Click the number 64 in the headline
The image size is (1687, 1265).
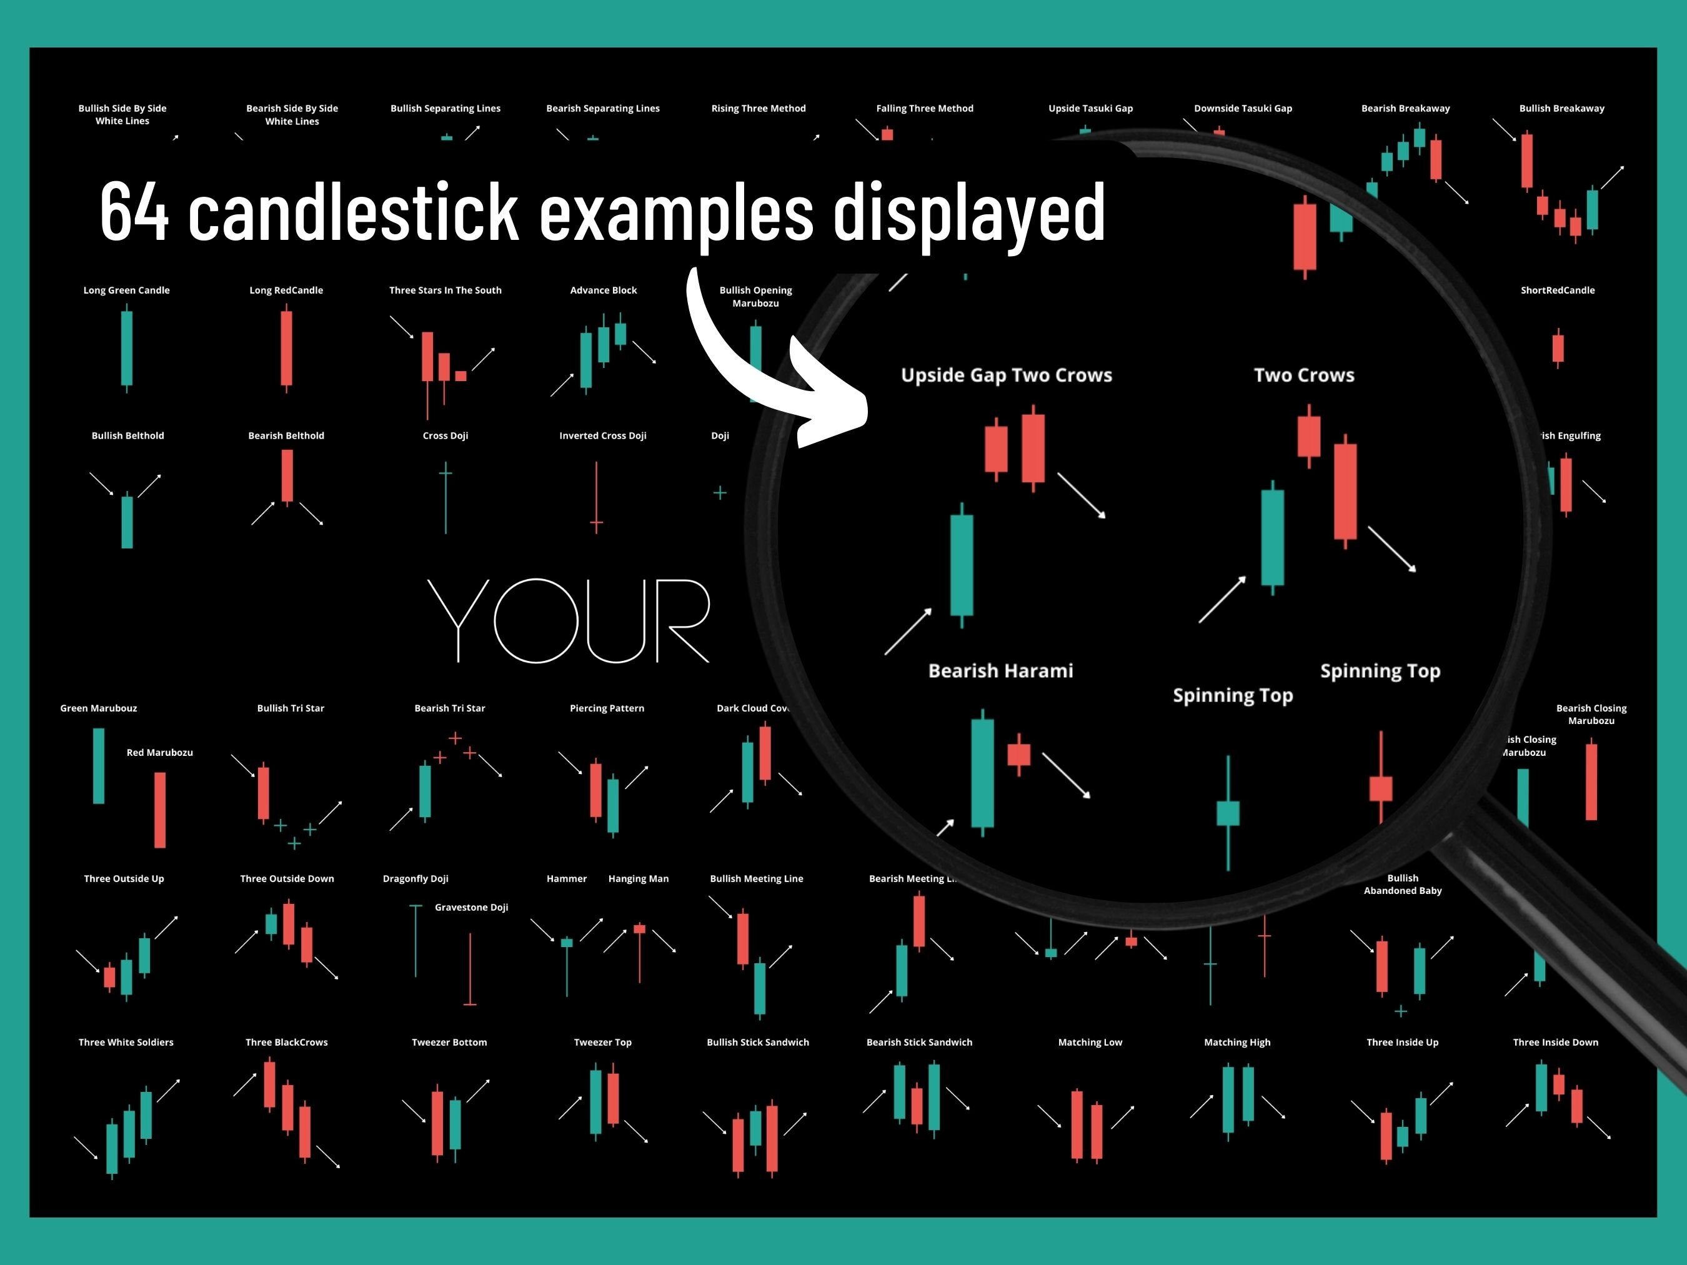134,212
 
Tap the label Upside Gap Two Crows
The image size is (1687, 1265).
1006,375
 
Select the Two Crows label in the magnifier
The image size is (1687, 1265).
1304,375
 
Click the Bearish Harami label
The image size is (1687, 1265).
1000,671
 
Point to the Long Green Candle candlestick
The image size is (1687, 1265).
127,349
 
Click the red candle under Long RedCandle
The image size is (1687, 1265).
286,349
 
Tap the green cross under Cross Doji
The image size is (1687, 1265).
445,474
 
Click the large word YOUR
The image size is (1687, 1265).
568,621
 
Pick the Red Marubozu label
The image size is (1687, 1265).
159,753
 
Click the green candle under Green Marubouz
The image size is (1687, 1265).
98,765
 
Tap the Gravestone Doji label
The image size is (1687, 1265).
471,908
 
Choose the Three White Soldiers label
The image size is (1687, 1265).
126,1043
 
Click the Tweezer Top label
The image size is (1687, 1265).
602,1043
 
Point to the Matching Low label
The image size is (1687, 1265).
1090,1043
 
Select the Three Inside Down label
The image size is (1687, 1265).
1555,1043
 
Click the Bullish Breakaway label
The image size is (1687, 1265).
1561,108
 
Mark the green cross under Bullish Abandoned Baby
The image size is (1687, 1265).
1401,1011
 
